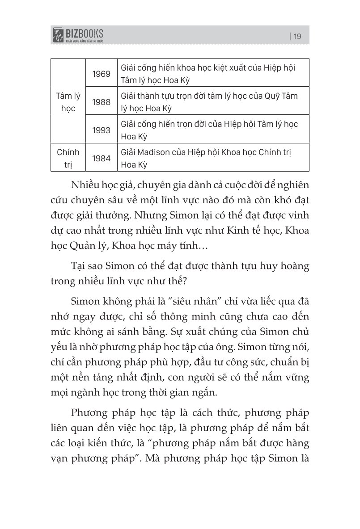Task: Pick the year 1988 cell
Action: tap(102, 102)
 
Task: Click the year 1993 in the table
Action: tap(102, 130)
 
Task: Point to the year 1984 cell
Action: tap(102, 159)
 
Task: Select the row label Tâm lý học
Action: tap(68, 102)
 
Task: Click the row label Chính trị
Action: tap(68, 158)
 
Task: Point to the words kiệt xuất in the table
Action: tap(215, 67)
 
